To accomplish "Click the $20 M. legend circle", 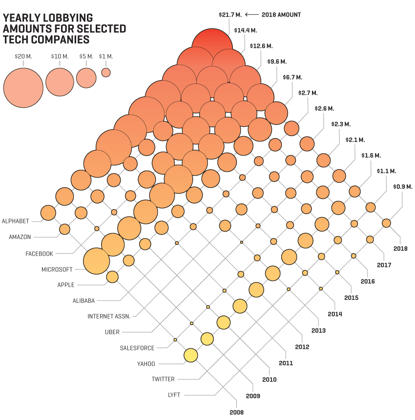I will pos(23,88).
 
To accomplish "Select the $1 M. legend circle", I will pos(106,72).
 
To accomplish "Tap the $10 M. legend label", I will pos(60,57).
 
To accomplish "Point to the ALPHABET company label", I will pos(16,221).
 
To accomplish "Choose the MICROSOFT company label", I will pos(57,269).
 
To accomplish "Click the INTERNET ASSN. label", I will pos(109,316).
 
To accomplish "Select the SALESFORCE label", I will pos(137,348).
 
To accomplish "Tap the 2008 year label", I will pos(236,412).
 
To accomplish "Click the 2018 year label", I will pos(400,248).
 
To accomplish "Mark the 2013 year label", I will pos(318,330).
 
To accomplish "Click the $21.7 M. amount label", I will pos(229,15).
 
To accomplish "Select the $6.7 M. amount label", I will pos(292,77).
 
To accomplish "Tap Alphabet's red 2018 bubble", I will pos(211,47).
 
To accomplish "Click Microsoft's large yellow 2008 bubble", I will pos(97,261).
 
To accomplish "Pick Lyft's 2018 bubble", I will pos(386,223).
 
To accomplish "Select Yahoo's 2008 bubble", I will pos(190,356).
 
